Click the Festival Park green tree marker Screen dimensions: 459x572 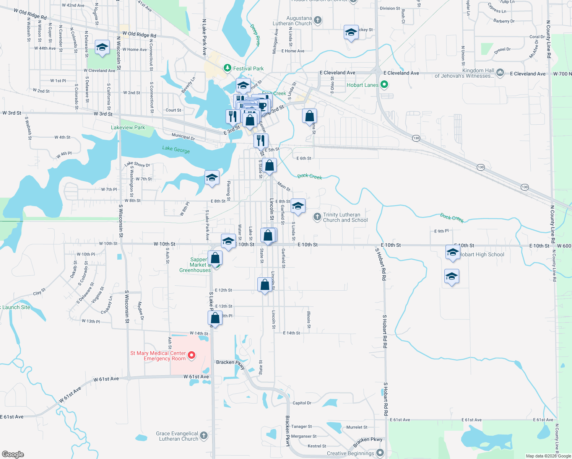click(x=227, y=68)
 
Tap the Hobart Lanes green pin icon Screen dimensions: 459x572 click(x=384, y=85)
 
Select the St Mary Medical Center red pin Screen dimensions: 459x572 click(x=191, y=355)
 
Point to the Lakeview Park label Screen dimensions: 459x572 click(x=128, y=127)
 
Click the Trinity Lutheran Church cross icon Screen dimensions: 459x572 click(x=317, y=217)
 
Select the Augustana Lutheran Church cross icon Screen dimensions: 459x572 click(x=318, y=20)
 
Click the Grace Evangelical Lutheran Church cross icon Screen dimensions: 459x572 click(x=204, y=435)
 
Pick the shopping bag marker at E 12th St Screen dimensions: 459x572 click(x=265, y=285)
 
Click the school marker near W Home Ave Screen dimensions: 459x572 click(x=102, y=47)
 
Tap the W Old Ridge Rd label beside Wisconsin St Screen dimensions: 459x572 click(x=139, y=34)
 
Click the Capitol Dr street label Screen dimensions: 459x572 click(x=302, y=403)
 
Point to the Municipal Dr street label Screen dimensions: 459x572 click(x=183, y=137)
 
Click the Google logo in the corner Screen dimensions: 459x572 click(x=13, y=454)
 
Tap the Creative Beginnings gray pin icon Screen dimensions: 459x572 click(x=380, y=453)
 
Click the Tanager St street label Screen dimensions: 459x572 click(x=301, y=426)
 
